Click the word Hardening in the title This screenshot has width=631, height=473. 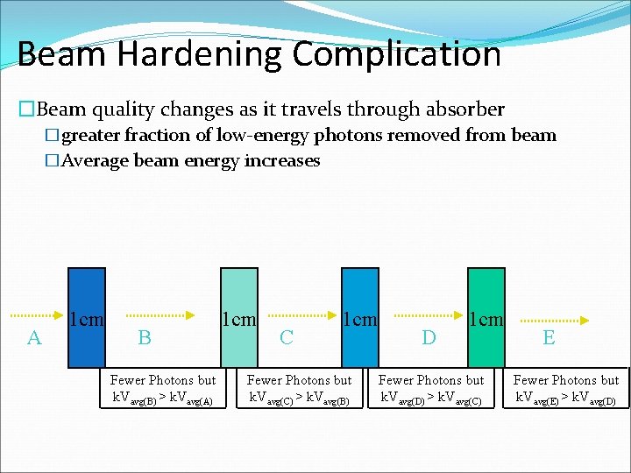point(199,54)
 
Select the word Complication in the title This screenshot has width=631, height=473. point(397,54)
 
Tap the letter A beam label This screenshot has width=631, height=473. point(34,337)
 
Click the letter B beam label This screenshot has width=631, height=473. point(145,337)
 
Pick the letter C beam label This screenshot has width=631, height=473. point(286,337)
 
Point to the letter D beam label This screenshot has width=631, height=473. point(429,337)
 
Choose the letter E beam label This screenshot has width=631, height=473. point(549,337)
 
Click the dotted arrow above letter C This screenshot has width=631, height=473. point(301,314)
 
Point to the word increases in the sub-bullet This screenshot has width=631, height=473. point(283,161)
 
